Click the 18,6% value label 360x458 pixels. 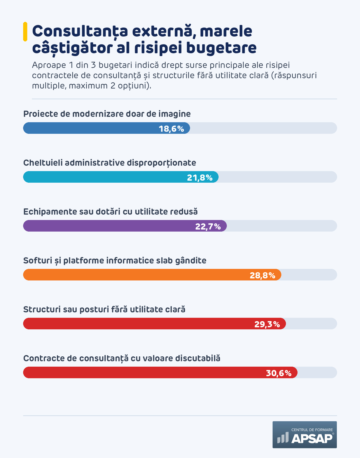click(171, 129)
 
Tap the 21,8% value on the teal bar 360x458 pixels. click(200, 178)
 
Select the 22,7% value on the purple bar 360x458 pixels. click(208, 226)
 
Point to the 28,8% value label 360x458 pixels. click(263, 275)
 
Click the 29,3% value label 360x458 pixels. click(267, 324)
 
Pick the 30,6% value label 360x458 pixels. click(279, 373)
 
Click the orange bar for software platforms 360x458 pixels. click(152, 275)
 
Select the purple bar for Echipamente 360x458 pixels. click(125, 226)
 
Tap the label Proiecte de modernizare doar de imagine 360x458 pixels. click(107, 114)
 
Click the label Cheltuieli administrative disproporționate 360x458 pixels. click(110, 163)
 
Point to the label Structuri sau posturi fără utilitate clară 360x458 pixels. click(104, 309)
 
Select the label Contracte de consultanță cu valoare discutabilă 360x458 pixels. click(122, 358)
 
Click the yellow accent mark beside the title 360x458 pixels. click(25, 32)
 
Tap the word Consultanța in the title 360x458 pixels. click(80, 31)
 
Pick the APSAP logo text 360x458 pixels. click(312, 438)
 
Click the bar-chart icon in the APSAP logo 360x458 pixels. click(283, 438)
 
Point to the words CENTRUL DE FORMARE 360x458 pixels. click(312, 430)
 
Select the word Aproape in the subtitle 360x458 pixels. click(49, 65)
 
